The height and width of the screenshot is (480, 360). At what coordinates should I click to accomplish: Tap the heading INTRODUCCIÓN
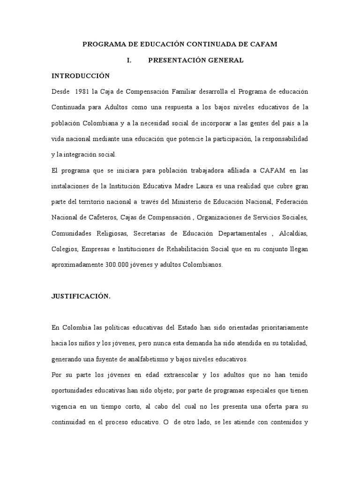[x=81, y=76]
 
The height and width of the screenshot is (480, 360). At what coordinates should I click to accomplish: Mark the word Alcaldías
[x=293, y=233]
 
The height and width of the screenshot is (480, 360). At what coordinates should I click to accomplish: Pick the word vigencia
[x=63, y=407]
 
